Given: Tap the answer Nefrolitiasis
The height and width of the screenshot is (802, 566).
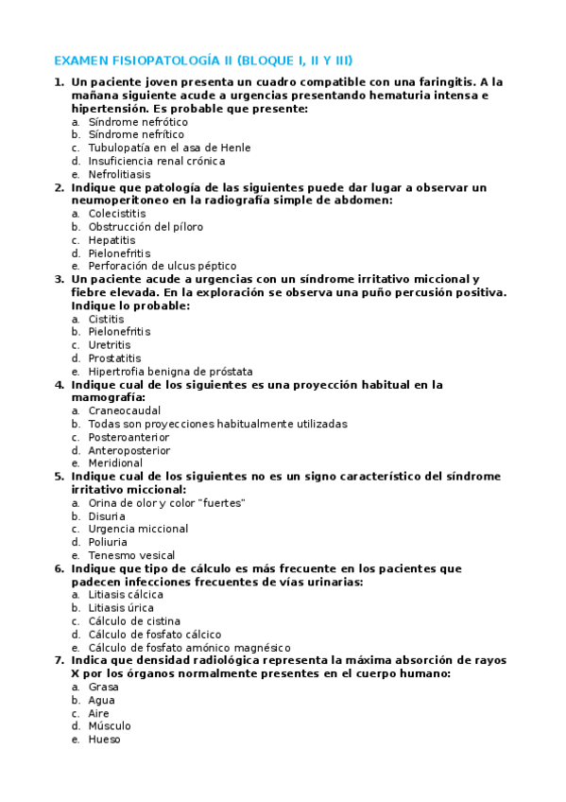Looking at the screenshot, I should [x=119, y=175].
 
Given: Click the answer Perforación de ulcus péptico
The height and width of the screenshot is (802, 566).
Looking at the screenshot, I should [x=163, y=266].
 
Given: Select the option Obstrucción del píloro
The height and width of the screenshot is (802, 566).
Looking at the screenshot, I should [x=146, y=227].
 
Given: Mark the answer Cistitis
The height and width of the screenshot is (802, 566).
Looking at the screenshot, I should [x=106, y=319].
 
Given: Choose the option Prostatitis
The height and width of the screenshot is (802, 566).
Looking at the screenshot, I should [x=114, y=358].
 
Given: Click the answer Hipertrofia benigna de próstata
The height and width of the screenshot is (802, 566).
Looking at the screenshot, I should [x=170, y=372].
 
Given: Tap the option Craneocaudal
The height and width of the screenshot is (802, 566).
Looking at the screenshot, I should [x=125, y=410].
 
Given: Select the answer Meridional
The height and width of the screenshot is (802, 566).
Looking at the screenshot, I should [x=115, y=463].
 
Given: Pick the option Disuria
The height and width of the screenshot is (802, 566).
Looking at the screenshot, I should [x=107, y=516].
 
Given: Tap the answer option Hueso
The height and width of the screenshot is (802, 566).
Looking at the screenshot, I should [x=104, y=740].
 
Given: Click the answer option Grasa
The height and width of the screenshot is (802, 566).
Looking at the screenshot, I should [x=103, y=687].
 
